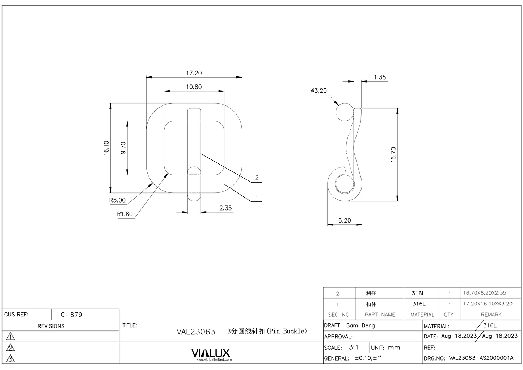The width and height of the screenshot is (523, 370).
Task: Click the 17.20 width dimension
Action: tap(194, 73)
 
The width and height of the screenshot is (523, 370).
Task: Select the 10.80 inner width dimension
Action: tap(194, 87)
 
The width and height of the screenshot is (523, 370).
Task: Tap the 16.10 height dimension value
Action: tap(106, 148)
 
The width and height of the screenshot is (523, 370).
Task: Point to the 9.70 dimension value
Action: tap(123, 148)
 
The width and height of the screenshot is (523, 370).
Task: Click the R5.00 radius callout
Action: tap(117, 200)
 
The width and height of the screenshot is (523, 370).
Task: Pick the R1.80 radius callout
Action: tap(125, 214)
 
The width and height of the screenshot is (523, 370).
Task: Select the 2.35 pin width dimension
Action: tap(225, 208)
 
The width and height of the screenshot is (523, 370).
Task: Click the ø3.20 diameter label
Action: tap(319, 91)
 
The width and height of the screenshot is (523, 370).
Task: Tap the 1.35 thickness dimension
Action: tap(380, 77)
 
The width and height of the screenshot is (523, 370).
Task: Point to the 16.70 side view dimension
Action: tap(393, 154)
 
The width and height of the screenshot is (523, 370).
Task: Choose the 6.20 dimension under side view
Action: tap(345, 220)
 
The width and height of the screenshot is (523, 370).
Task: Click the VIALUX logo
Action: tap(211, 353)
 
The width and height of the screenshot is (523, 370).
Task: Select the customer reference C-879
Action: tap(71, 315)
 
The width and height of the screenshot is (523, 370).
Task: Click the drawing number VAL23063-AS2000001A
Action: tap(481, 358)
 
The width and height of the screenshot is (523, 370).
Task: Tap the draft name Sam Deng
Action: tap(360, 325)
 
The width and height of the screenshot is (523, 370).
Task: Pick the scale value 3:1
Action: tap(354, 347)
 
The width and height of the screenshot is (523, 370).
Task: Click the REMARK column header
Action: tap(491, 315)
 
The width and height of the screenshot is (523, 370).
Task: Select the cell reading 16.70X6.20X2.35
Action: tap(485, 293)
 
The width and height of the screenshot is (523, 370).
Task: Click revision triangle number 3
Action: tap(11, 359)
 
